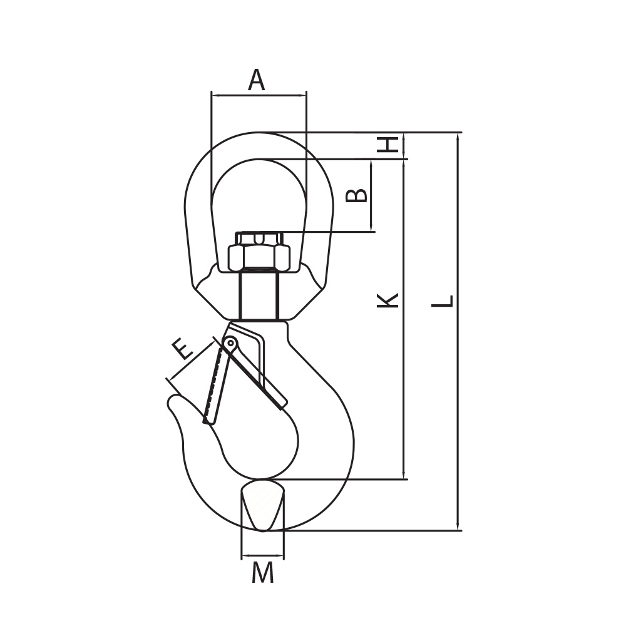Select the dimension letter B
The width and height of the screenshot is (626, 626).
tap(356, 195)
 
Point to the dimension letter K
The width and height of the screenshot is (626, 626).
tap(387, 300)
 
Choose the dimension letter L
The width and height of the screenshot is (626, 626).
tap(443, 300)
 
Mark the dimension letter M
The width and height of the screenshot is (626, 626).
tap(263, 573)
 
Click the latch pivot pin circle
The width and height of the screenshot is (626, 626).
tap(230, 342)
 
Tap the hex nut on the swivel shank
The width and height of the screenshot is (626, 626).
tap(259, 257)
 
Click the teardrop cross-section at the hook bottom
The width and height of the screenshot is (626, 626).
tap(263, 505)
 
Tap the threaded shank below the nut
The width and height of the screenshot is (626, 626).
tap(259, 295)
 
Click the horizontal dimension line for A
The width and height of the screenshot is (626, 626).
tap(259, 95)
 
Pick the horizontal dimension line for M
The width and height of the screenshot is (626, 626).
tap(263, 555)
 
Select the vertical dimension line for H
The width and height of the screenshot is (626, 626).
tap(405, 145)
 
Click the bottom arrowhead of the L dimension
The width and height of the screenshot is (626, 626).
tap(458, 525)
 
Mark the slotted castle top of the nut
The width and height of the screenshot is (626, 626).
tap(259, 239)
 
